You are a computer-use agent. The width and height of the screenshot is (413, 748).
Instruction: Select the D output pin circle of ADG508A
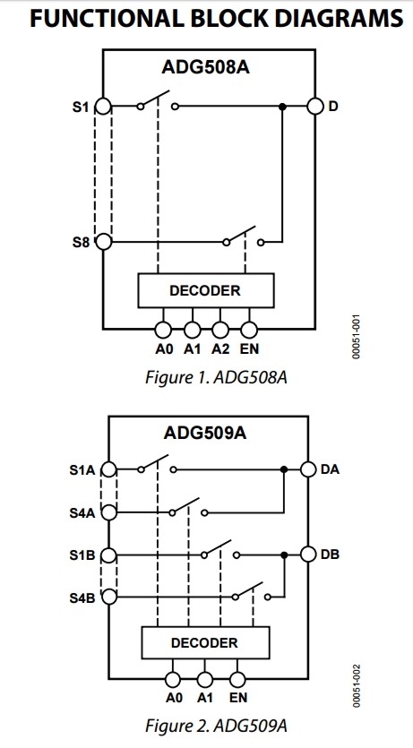pos(314,106)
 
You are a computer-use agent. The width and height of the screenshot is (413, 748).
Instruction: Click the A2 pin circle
pos(220,329)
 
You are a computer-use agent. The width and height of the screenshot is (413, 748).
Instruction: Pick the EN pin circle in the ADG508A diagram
pos(249,329)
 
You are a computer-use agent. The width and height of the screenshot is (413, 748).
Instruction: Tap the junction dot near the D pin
pos(282,107)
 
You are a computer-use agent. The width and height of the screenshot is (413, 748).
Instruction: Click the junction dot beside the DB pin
pos(284,555)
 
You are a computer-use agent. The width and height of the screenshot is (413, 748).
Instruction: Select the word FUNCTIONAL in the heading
pos(105,18)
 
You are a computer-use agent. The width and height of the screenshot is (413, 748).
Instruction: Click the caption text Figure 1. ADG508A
pos(216,377)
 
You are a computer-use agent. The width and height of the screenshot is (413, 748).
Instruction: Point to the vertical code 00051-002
pos(357,686)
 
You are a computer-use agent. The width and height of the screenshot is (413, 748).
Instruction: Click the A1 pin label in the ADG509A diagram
pos(204,698)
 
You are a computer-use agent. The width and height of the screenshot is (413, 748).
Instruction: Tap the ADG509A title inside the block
pos(205,434)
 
